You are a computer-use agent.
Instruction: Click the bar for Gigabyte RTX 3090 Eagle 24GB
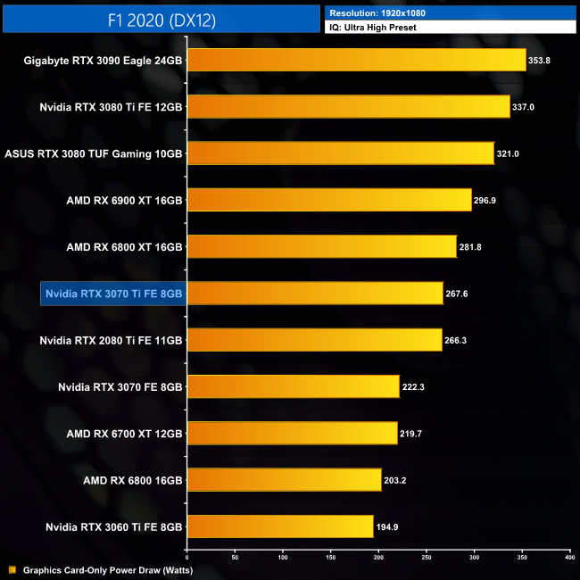tap(356, 60)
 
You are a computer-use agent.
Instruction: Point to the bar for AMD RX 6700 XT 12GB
tap(292, 434)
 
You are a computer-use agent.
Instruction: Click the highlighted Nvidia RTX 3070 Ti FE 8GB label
tap(113, 294)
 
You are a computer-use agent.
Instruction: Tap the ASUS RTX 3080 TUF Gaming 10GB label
tap(94, 153)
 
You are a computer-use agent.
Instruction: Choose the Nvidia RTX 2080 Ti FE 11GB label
tap(112, 340)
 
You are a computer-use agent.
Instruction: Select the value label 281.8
tap(472, 247)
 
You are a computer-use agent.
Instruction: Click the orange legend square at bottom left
tap(12, 569)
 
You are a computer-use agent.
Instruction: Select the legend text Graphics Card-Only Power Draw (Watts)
tap(108, 569)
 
